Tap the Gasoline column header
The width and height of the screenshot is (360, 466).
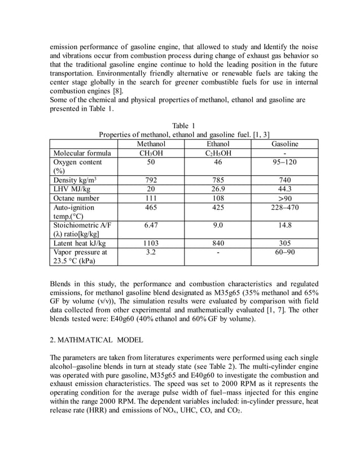[x=285, y=144]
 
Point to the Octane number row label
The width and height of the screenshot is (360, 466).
[x=76, y=198]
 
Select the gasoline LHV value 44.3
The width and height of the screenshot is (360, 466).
[x=285, y=189]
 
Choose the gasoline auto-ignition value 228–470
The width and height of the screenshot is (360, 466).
[x=285, y=207]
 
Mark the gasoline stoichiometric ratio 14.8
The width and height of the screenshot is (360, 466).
[x=285, y=225]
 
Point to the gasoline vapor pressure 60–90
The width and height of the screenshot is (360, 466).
[x=285, y=252]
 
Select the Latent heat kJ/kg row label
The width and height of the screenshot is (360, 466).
[x=79, y=243]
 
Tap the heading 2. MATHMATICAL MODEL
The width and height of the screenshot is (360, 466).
[x=96, y=340]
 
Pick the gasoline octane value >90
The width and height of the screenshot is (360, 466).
[x=285, y=198]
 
